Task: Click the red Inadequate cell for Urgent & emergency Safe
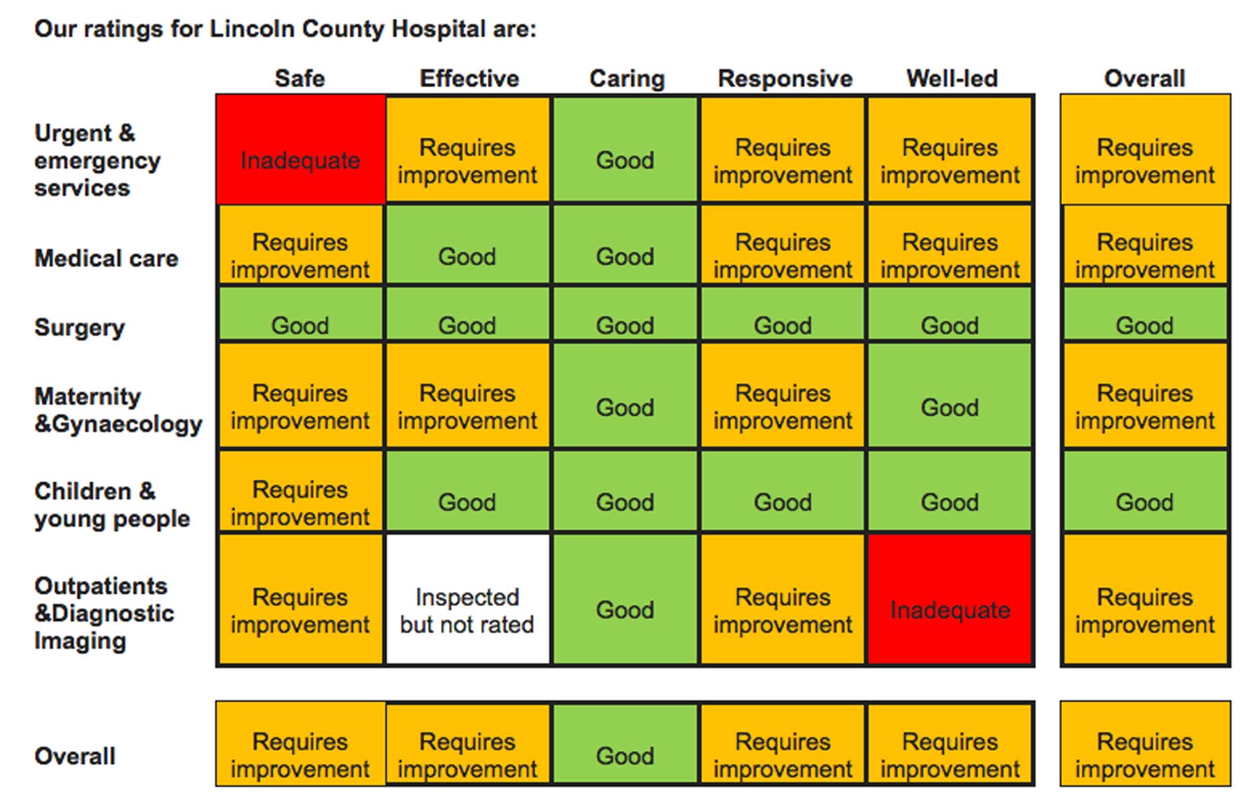(301, 149)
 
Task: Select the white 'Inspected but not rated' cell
(467, 599)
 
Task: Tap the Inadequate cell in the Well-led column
(949, 599)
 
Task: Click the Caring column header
(627, 78)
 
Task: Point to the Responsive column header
(785, 78)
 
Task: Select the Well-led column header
(951, 78)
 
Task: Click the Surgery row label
(80, 328)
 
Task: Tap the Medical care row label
(107, 258)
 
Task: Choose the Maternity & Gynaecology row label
(118, 410)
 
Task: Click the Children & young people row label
(112, 505)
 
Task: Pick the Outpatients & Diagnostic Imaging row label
(104, 614)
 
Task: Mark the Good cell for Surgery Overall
(1145, 314)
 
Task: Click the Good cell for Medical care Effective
(467, 244)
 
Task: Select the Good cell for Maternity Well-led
(949, 395)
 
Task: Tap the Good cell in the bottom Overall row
(625, 744)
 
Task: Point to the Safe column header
(300, 78)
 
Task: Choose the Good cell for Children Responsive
(782, 491)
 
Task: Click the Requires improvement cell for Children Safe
(301, 491)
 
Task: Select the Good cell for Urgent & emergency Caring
(625, 149)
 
